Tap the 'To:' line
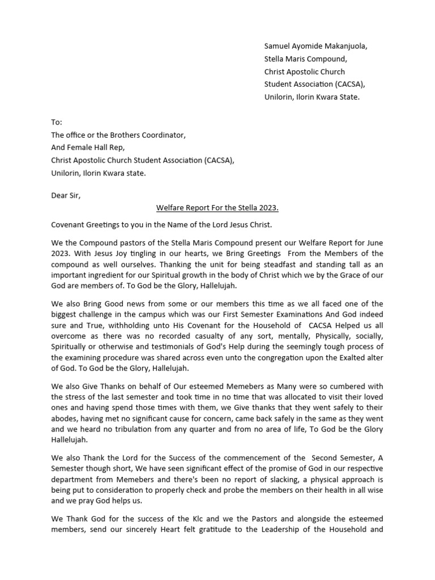click(x=57, y=122)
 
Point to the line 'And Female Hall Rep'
click(x=91, y=148)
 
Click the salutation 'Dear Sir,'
click(x=66, y=195)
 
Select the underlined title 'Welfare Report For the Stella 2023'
click(x=217, y=208)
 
